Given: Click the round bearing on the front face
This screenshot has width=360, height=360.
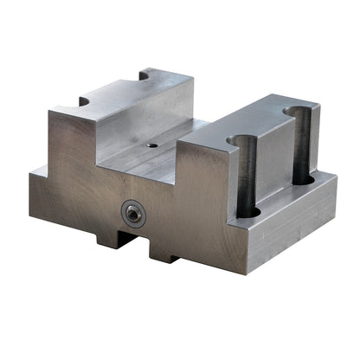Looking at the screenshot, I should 132,211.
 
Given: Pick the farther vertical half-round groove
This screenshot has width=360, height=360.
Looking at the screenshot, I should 300,143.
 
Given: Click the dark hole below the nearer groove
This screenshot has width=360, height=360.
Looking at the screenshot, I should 247,209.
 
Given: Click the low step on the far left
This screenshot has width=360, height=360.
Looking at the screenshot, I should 40,170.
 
